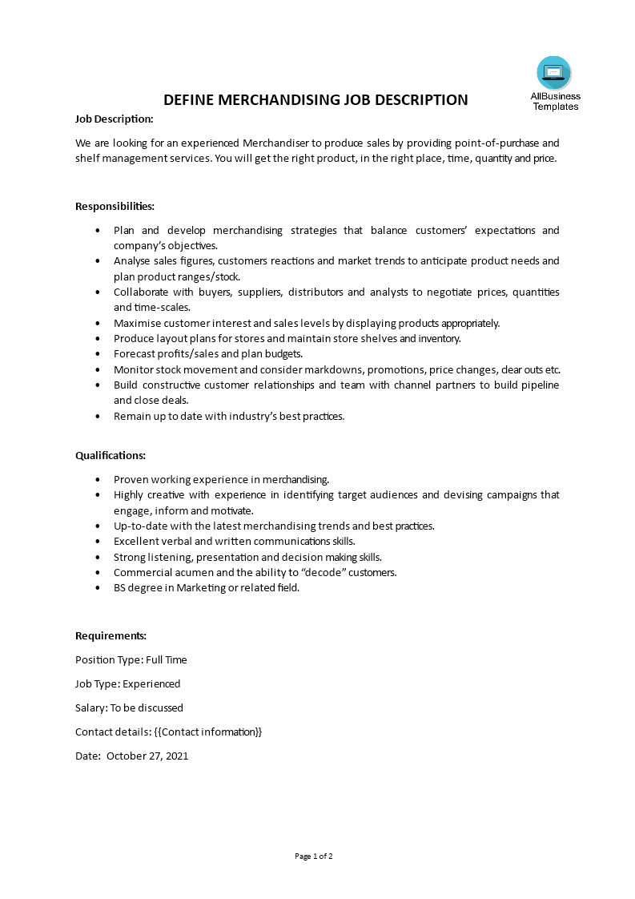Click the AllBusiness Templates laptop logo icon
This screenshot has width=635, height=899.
point(554,73)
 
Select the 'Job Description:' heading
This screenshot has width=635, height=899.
point(114,119)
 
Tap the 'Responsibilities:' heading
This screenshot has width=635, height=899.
point(115,206)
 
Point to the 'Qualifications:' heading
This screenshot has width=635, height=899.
point(111,455)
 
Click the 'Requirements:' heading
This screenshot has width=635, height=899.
point(111,635)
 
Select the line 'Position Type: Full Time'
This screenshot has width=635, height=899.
point(131,659)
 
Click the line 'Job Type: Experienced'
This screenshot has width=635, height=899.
point(127,683)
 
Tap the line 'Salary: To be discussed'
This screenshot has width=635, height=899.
point(129,708)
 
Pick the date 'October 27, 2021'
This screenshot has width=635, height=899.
point(147,756)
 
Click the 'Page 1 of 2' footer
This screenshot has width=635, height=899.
point(314,856)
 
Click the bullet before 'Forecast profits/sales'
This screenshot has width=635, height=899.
point(98,354)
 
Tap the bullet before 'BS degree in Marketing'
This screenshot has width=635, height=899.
point(98,588)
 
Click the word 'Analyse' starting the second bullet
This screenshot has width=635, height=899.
point(131,261)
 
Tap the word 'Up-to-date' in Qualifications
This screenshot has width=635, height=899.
point(139,526)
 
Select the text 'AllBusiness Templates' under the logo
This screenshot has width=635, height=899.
point(555,101)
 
